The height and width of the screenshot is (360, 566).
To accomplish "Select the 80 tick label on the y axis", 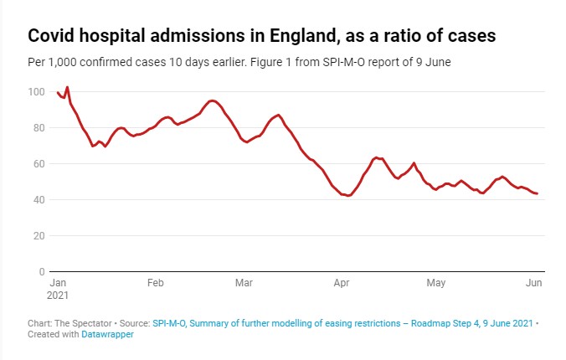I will (39, 128).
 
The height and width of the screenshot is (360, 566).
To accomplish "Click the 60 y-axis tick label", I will (39, 164).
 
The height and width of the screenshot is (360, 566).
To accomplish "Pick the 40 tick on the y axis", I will (39, 200).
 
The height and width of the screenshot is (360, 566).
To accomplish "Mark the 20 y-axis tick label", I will (39, 236).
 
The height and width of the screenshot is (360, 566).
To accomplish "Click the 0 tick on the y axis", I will (41, 272).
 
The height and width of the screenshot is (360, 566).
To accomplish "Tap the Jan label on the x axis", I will (59, 283).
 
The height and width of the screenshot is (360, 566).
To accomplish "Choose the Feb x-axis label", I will (155, 283).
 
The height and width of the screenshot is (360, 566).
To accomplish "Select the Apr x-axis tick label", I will (341, 283).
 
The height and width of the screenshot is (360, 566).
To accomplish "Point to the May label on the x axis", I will (435, 283).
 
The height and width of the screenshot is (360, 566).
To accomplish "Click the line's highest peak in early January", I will (67, 87).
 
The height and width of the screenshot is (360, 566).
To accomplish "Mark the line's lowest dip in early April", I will (348, 196).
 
